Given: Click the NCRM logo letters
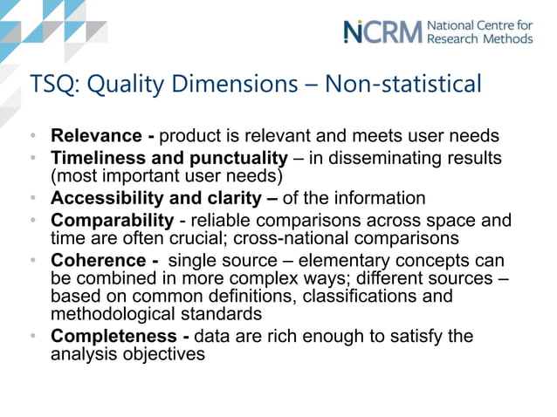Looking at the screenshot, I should pos(382,31).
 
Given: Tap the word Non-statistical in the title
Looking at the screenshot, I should pos(402,85).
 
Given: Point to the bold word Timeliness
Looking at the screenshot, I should pos(100,158).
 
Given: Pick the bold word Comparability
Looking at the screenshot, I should pos(113,219).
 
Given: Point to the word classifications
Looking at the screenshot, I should pos(355,297).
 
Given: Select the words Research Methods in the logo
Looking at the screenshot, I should pos(478,38).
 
